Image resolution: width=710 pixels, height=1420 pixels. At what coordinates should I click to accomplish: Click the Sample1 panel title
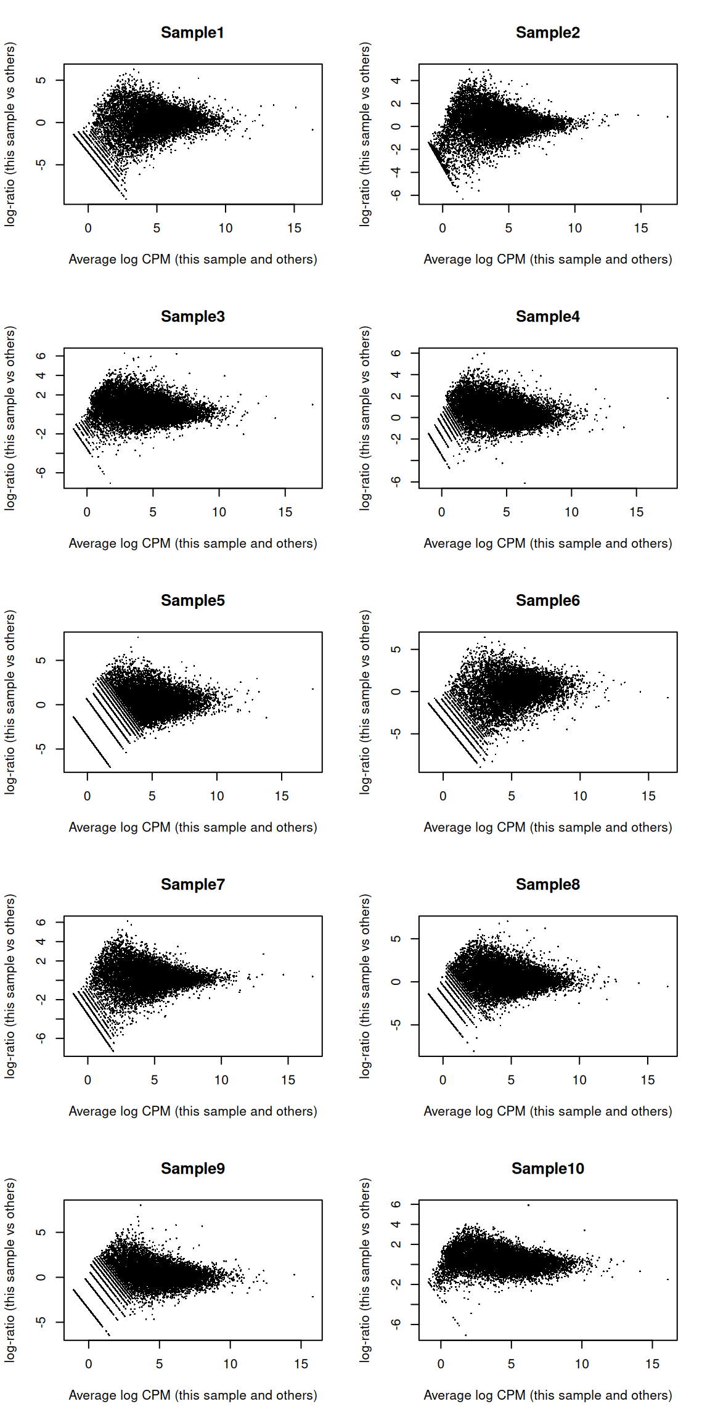pyautogui.click(x=192, y=33)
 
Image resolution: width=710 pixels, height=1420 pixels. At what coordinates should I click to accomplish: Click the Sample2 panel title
pyautogui.click(x=547, y=33)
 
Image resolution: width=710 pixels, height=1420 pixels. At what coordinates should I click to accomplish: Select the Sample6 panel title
pyautogui.click(x=547, y=600)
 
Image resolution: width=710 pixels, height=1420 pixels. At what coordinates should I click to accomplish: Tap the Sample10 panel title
pyautogui.click(x=547, y=1169)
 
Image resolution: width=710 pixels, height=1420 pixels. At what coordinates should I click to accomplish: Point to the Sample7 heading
pyautogui.click(x=192, y=884)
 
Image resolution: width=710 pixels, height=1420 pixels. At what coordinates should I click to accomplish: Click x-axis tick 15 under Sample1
pyautogui.click(x=294, y=228)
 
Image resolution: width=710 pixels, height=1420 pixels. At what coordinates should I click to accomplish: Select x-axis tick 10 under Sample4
pyautogui.click(x=571, y=512)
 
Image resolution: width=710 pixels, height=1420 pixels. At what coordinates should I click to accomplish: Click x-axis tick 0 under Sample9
pyautogui.click(x=89, y=1364)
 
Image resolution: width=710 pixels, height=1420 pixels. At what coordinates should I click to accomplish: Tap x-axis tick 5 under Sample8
pyautogui.click(x=511, y=1080)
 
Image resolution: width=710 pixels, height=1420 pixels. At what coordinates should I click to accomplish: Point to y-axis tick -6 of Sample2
pyautogui.click(x=396, y=195)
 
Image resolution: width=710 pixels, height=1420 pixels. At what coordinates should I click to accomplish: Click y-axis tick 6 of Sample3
pyautogui.click(x=41, y=356)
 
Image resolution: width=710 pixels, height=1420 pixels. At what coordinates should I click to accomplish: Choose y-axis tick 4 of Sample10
pyautogui.click(x=396, y=1224)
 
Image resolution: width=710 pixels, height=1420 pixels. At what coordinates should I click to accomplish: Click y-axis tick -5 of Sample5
pyautogui.click(x=41, y=748)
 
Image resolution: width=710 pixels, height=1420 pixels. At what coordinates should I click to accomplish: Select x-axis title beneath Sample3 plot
pyautogui.click(x=192, y=544)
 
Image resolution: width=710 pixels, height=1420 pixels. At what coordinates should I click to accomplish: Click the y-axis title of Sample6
pyautogui.click(x=365, y=702)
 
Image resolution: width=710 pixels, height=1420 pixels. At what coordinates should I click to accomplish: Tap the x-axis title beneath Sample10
pyautogui.click(x=547, y=1395)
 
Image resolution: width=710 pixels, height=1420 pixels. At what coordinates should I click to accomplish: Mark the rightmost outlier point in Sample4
pyautogui.click(x=667, y=398)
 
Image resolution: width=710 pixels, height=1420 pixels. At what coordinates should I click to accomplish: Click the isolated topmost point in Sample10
pyautogui.click(x=528, y=1205)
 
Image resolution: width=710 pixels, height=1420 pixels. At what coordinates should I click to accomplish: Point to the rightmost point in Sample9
pyautogui.click(x=313, y=1297)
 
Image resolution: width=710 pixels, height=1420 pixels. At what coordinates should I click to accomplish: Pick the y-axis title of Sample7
pyautogui.click(x=10, y=986)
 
